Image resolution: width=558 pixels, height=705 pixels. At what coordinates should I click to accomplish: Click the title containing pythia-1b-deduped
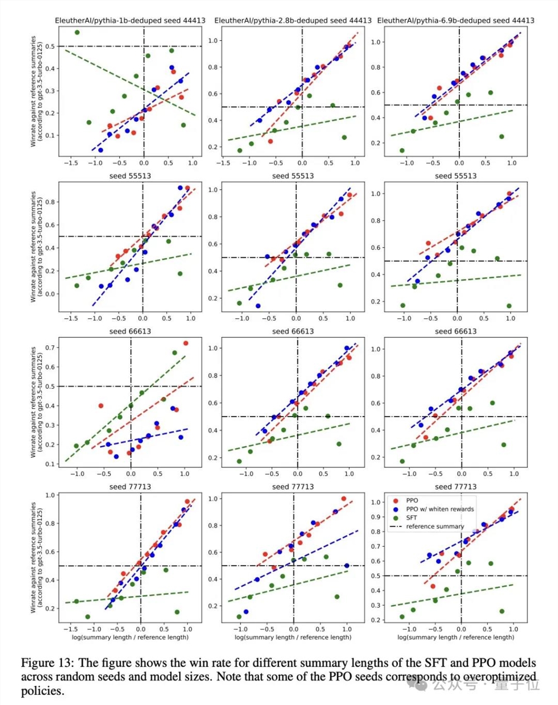129,21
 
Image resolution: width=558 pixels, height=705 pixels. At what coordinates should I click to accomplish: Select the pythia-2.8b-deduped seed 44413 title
292,21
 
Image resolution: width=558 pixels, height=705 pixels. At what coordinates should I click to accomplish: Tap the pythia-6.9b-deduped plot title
455,21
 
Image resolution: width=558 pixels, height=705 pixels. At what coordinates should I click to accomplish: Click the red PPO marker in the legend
396,500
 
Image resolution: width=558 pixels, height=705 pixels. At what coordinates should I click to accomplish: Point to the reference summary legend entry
435,527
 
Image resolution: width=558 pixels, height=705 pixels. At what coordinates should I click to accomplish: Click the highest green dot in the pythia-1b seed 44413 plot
77,32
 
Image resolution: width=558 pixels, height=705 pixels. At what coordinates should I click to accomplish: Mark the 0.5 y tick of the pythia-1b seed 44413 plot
51,46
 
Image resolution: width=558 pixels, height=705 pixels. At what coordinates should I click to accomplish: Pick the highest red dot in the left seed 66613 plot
186,343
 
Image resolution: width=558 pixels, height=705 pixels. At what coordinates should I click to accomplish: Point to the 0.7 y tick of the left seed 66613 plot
51,347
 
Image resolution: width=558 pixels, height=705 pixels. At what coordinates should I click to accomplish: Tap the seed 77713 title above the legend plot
455,487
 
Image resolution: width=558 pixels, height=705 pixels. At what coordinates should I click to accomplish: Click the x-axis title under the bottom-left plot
130,637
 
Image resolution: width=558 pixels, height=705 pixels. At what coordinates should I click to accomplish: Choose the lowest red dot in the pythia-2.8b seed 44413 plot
271,141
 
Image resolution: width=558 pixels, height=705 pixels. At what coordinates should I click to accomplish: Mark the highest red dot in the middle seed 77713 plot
344,499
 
